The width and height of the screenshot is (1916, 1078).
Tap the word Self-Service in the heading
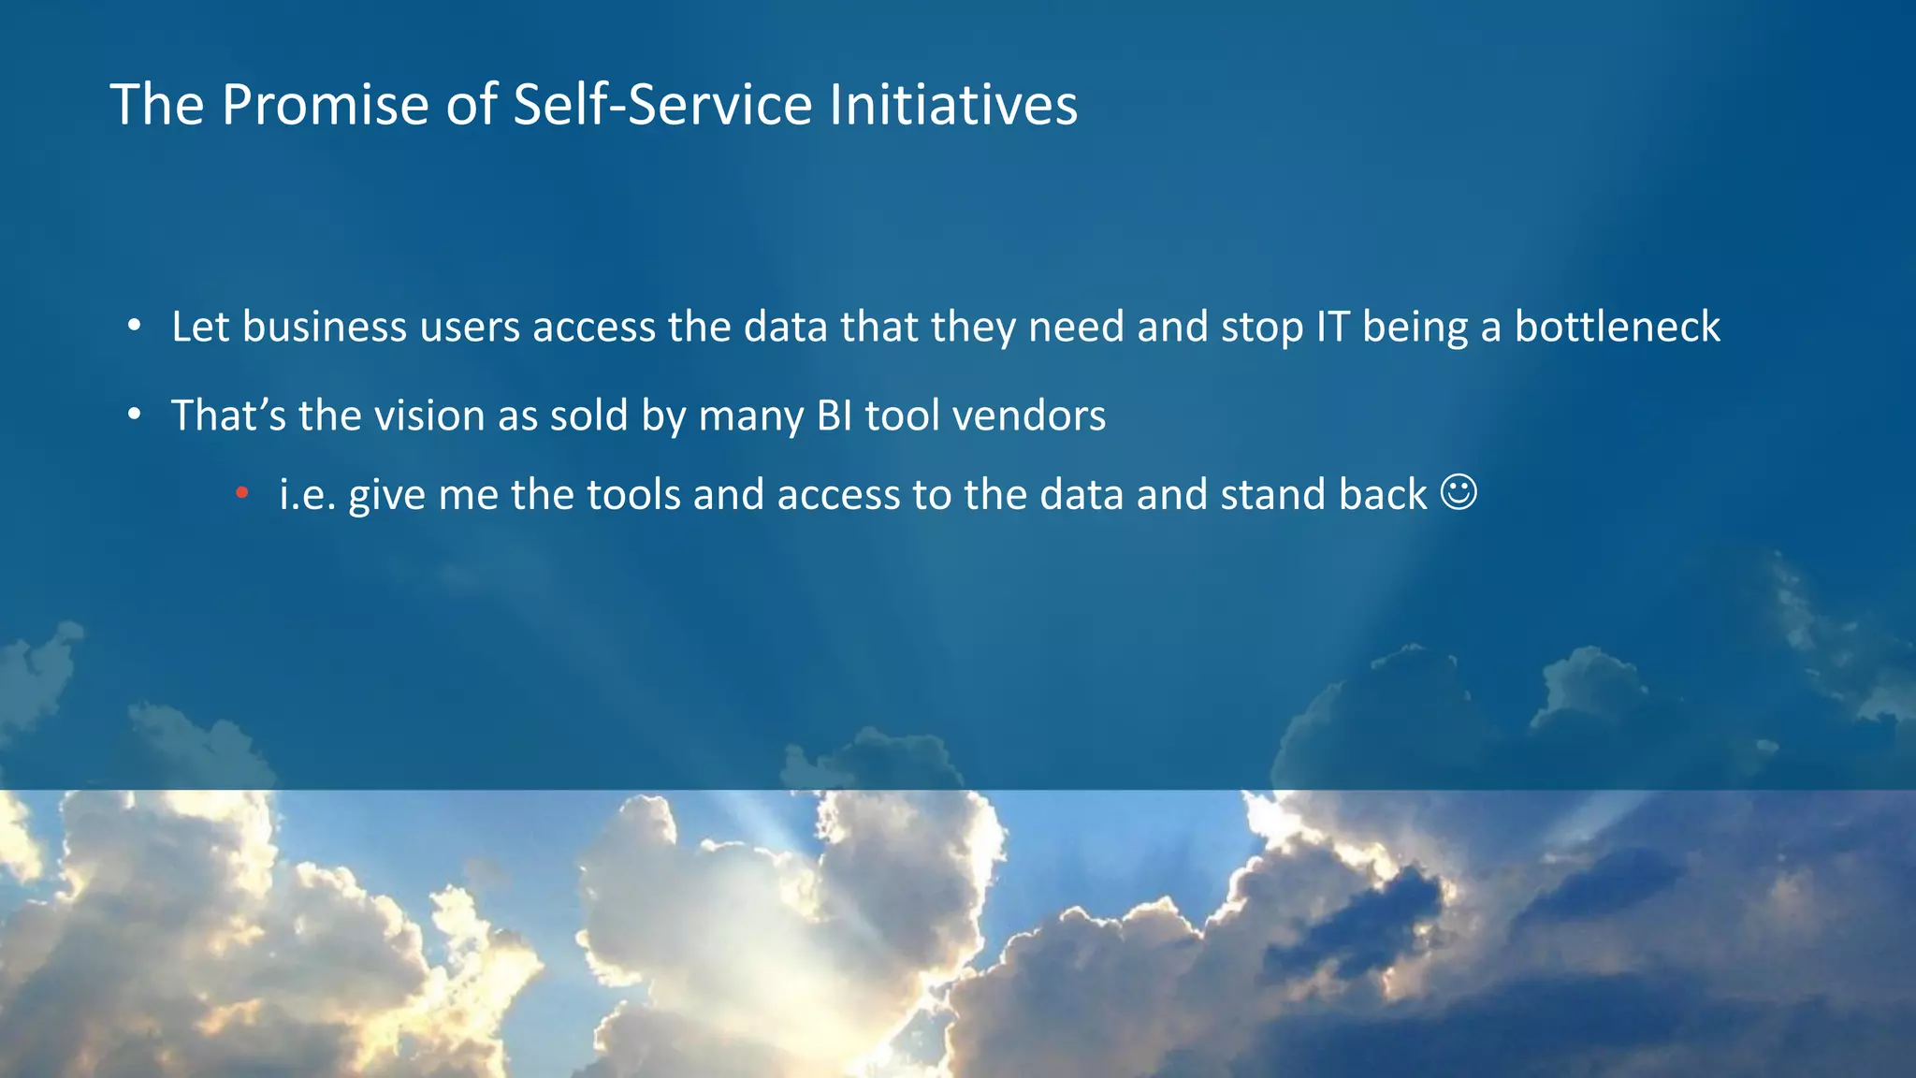pyautogui.click(x=662, y=104)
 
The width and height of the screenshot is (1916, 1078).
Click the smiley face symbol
pyautogui.click(x=1459, y=492)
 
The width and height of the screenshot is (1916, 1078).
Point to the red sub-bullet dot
pyautogui.click(x=242, y=493)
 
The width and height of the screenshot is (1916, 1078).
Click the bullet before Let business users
pyautogui.click(x=135, y=327)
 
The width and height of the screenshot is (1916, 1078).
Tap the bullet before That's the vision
pyautogui.click(x=135, y=415)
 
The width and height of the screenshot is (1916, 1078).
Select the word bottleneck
pyautogui.click(x=1617, y=327)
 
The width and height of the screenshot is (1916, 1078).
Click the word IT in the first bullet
pyautogui.click(x=1332, y=327)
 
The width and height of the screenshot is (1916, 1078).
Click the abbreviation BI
pyautogui.click(x=835, y=415)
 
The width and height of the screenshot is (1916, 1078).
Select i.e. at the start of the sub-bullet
pyautogui.click(x=307, y=494)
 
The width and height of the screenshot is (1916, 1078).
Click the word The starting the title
pyautogui.click(x=157, y=104)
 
